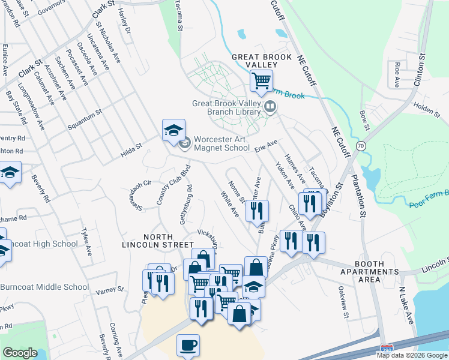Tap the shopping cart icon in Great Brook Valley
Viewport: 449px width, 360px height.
pyautogui.click(x=261, y=80)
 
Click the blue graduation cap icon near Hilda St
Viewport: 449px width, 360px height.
pyautogui.click(x=173, y=130)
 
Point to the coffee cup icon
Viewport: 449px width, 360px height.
pyautogui.click(x=188, y=346)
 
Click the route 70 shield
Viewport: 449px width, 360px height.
pyautogui.click(x=360, y=145)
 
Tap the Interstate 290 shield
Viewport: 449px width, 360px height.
pyautogui.click(x=387, y=347)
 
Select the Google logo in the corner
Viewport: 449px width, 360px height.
pyautogui.click(x=20, y=353)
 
